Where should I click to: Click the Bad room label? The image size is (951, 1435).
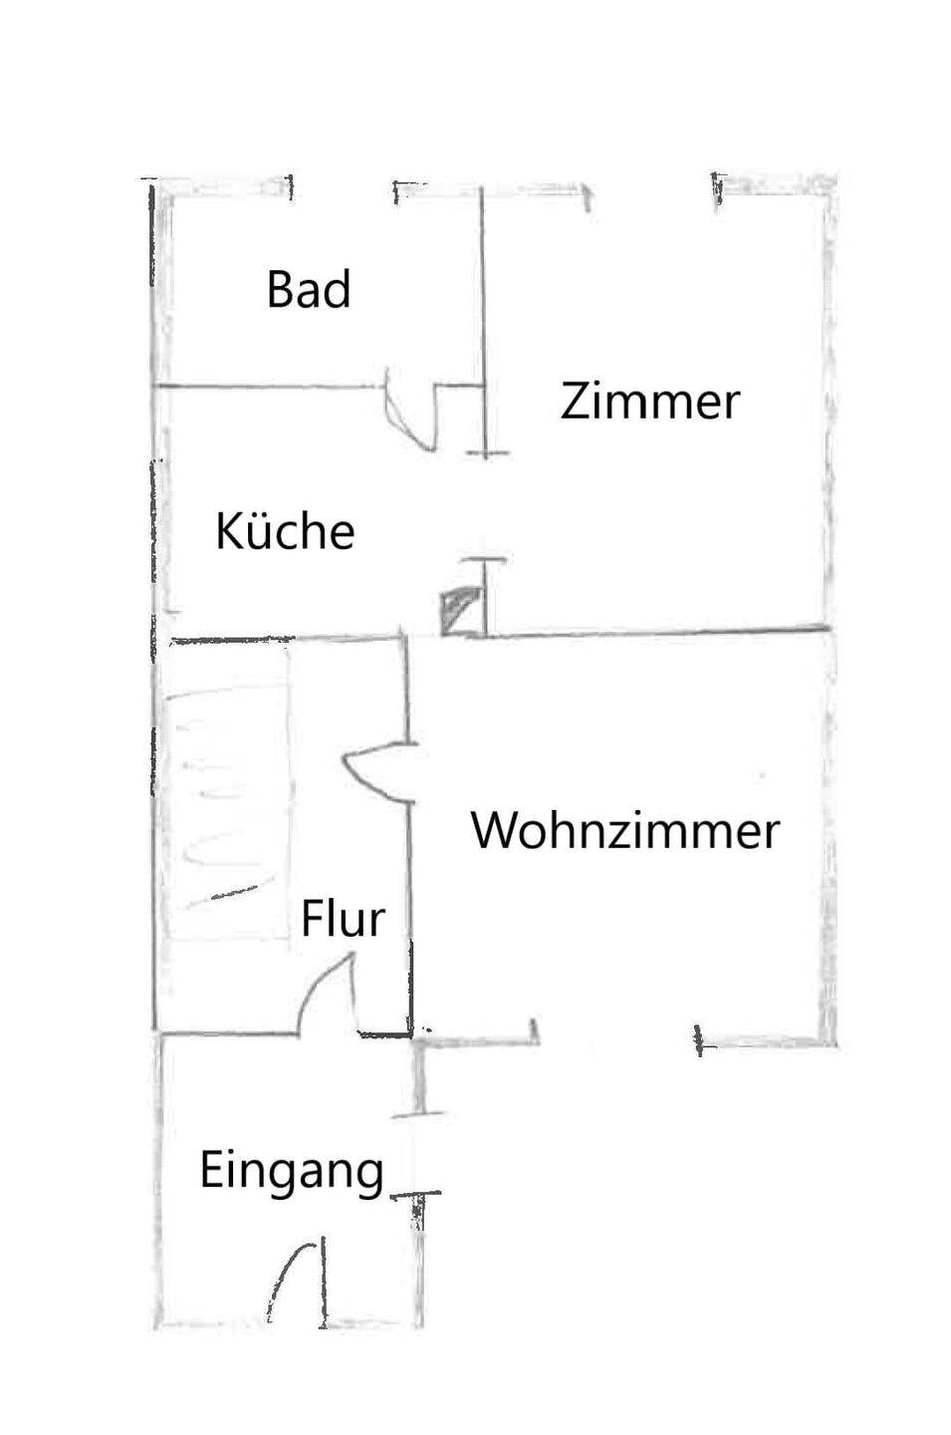coord(309,290)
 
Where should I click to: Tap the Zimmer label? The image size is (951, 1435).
coord(649,402)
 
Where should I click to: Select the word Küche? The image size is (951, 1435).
coord(285,531)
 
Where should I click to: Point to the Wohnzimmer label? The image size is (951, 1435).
coord(624,830)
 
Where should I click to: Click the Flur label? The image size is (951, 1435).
coord(343,919)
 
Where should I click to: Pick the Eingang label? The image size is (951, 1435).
coord(292,1170)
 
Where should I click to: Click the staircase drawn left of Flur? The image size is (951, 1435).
coord(224,792)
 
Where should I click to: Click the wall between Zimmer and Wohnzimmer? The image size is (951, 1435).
coord(657,632)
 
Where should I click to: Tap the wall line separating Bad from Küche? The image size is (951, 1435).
coord(269,385)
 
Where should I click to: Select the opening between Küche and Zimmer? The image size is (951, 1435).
coord(485,508)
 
